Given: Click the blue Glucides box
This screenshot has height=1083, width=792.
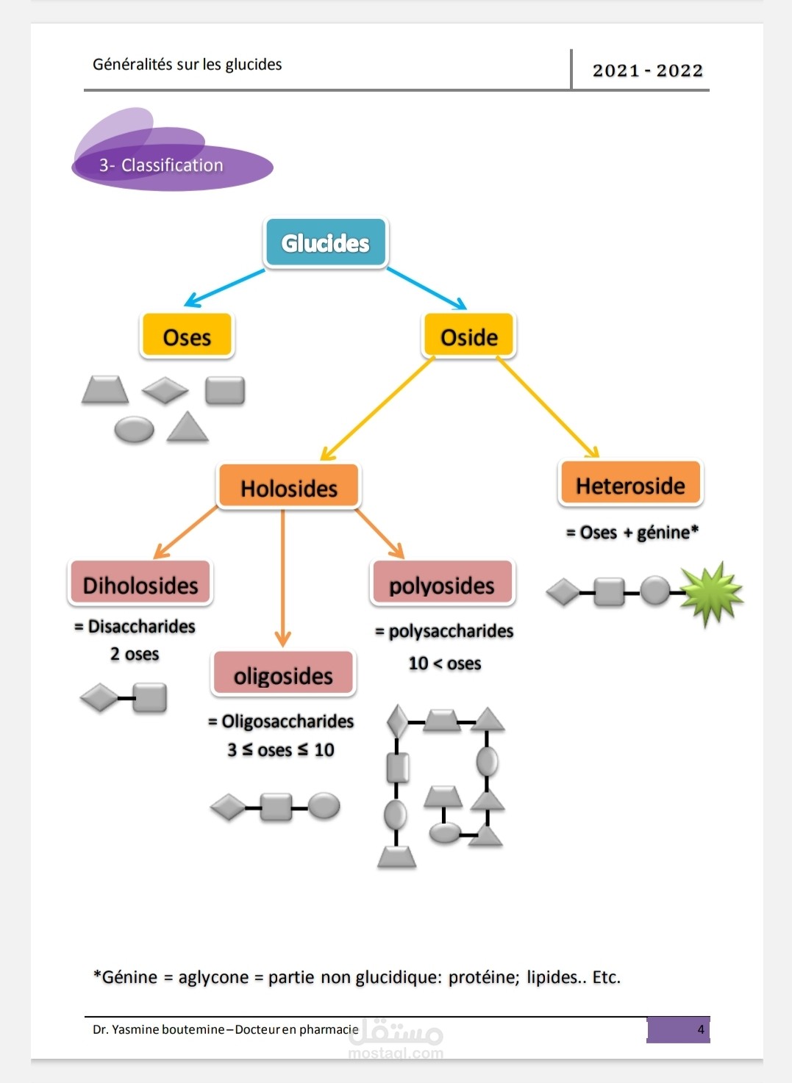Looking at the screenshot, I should click(325, 243).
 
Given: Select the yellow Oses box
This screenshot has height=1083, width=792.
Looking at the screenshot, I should click(187, 337).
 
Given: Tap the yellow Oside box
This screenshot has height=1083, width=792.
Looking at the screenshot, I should click(469, 337).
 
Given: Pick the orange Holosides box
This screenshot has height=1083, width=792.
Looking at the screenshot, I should click(288, 488).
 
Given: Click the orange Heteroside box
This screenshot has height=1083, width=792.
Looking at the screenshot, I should click(630, 485).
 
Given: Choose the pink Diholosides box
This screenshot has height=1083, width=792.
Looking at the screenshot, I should click(140, 585).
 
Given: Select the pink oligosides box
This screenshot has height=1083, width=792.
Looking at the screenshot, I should click(283, 675).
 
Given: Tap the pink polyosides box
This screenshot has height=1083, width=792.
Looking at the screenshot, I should click(442, 585).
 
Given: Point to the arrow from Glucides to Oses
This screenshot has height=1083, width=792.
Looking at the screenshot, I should click(224, 287).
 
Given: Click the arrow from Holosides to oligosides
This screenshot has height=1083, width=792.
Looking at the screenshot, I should click(283, 577).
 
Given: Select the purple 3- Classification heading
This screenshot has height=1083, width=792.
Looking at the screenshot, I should click(161, 165).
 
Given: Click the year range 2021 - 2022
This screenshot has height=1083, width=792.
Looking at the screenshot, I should click(647, 71).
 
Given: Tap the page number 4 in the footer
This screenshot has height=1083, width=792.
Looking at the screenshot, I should click(700, 1029).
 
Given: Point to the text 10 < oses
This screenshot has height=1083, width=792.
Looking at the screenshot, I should click(445, 663).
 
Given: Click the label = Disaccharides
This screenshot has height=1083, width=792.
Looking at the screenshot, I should click(135, 627).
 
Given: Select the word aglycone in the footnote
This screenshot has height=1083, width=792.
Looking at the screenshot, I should click(213, 977).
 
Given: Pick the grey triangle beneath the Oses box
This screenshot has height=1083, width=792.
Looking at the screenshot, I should click(188, 427).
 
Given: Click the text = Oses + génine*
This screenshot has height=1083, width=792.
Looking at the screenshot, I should click(632, 532).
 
